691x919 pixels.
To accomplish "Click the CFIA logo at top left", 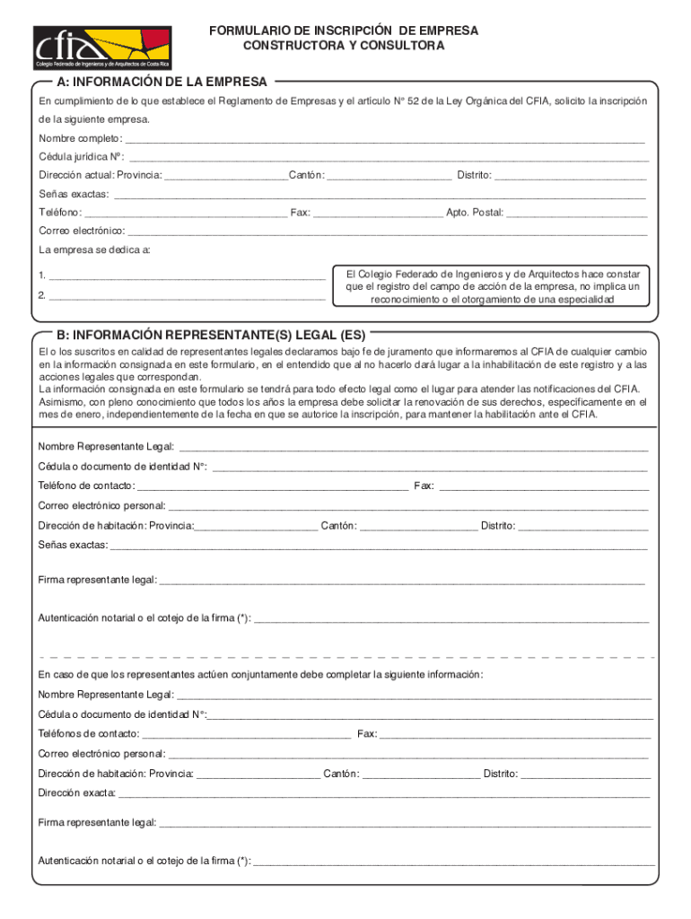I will click(x=101, y=48).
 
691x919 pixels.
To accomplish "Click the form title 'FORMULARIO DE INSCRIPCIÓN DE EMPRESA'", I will click(x=344, y=31).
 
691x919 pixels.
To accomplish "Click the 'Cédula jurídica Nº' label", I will click(x=81, y=157).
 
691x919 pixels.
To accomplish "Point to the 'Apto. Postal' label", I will click(x=475, y=214).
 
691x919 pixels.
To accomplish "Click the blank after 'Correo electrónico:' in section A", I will click(x=388, y=233).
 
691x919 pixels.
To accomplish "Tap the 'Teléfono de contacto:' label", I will click(x=86, y=486).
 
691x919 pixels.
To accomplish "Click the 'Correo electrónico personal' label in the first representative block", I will click(x=101, y=506).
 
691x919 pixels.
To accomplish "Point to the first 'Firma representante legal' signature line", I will click(x=401, y=582).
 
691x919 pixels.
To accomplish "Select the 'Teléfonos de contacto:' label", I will click(x=89, y=734).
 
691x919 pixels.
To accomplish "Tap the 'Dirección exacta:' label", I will click(x=76, y=793).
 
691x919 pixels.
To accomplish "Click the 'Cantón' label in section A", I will click(x=306, y=175).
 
